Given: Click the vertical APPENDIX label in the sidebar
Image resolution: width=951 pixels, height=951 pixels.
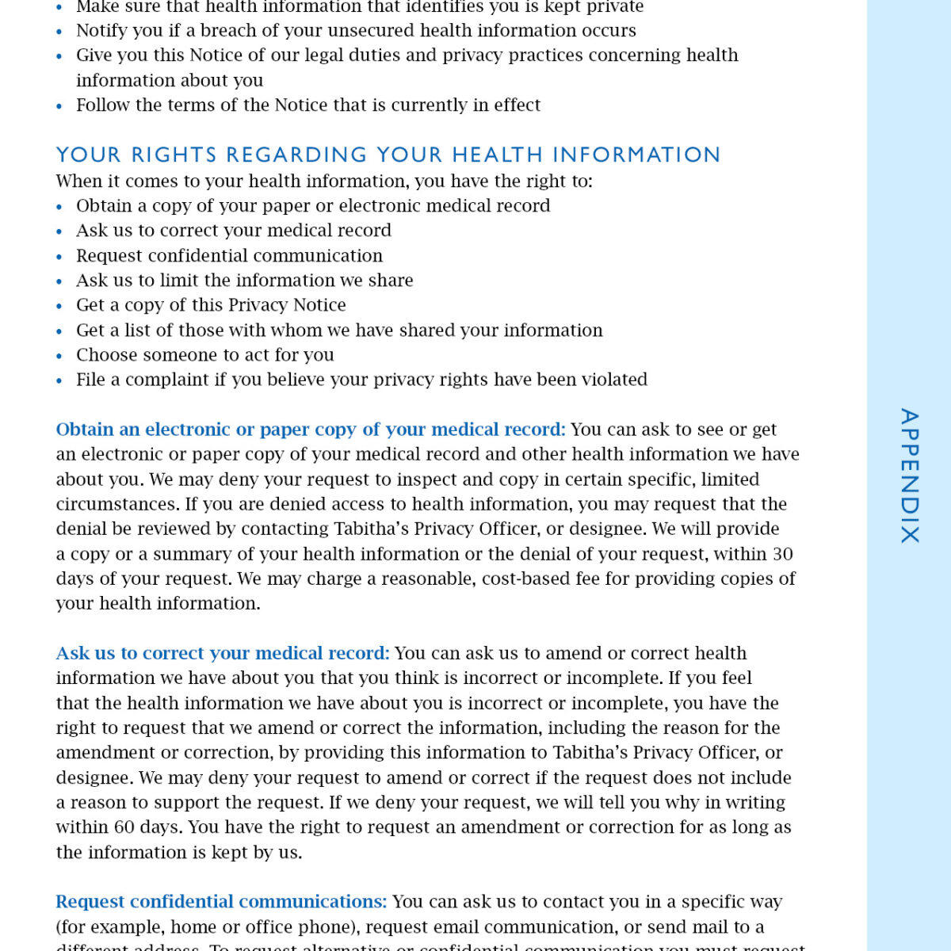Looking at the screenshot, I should [x=909, y=475].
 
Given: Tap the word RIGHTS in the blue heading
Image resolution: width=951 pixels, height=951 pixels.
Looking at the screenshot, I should [x=174, y=155].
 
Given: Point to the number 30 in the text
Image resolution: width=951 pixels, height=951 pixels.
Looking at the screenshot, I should [x=782, y=554].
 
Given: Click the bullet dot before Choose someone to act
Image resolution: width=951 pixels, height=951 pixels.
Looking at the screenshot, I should [x=59, y=357].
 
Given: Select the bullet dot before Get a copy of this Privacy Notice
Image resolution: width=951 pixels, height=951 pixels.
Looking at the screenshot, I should [x=59, y=307].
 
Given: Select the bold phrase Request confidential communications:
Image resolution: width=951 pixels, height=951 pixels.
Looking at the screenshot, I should [x=221, y=902].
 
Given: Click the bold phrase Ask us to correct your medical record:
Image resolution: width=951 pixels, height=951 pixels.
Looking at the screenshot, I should [x=223, y=654].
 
